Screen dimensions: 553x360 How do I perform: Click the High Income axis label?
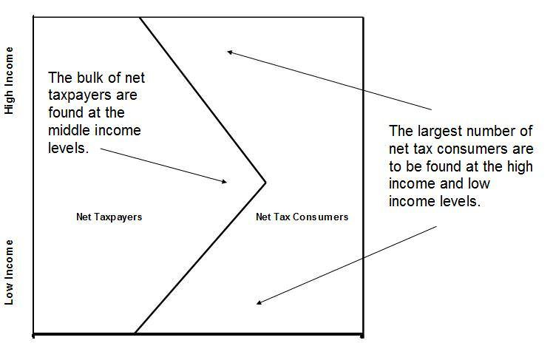click(x=10, y=81)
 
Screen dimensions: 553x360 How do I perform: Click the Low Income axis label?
click(x=10, y=272)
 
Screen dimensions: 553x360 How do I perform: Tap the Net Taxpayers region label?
click(x=109, y=217)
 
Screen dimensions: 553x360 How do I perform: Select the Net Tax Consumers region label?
click(x=302, y=217)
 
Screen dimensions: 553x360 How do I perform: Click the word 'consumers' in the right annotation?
click(x=478, y=149)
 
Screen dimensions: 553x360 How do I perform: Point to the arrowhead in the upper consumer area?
click(x=230, y=51)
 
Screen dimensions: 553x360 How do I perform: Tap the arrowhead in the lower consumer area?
click(x=258, y=302)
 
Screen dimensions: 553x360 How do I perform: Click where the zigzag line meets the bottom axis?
click(x=135, y=334)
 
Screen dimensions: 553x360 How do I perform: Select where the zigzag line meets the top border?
click(x=140, y=17)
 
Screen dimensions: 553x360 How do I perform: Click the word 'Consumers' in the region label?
click(x=322, y=217)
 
